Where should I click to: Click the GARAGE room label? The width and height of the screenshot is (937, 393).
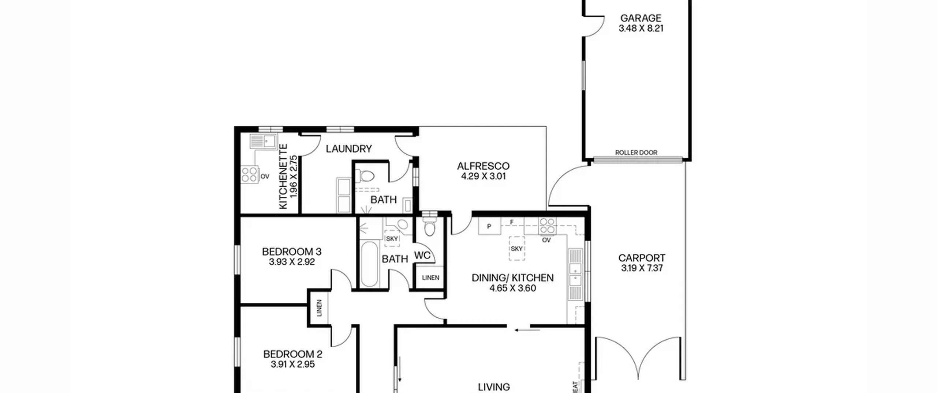(641, 18)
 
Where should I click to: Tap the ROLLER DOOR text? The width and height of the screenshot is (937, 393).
(636, 152)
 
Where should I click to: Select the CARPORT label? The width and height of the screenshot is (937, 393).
(642, 258)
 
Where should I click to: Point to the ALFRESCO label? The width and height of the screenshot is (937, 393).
(483, 166)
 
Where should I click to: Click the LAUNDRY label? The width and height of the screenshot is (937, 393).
(349, 149)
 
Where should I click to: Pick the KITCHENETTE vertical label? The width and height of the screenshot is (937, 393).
(283, 177)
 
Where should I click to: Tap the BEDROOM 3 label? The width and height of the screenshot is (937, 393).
(292, 252)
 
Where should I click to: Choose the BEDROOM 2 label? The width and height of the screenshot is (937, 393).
(292, 354)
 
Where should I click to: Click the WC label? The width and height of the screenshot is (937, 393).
(422, 255)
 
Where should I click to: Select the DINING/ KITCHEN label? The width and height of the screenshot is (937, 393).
(512, 278)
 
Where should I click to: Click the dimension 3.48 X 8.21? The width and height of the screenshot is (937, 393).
(641, 28)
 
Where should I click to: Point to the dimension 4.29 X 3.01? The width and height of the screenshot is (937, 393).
(483, 176)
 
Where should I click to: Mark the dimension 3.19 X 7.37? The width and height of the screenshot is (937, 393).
(642, 268)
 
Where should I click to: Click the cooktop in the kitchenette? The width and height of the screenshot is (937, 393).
(250, 174)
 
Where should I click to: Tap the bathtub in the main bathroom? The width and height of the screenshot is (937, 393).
(369, 264)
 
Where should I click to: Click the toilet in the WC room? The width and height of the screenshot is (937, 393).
(429, 227)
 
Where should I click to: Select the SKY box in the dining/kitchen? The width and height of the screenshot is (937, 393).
(516, 249)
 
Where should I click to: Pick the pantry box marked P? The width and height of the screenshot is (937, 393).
(489, 226)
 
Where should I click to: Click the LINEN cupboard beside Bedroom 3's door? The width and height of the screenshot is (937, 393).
(319, 308)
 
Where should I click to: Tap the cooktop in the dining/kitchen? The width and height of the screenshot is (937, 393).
(547, 226)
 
